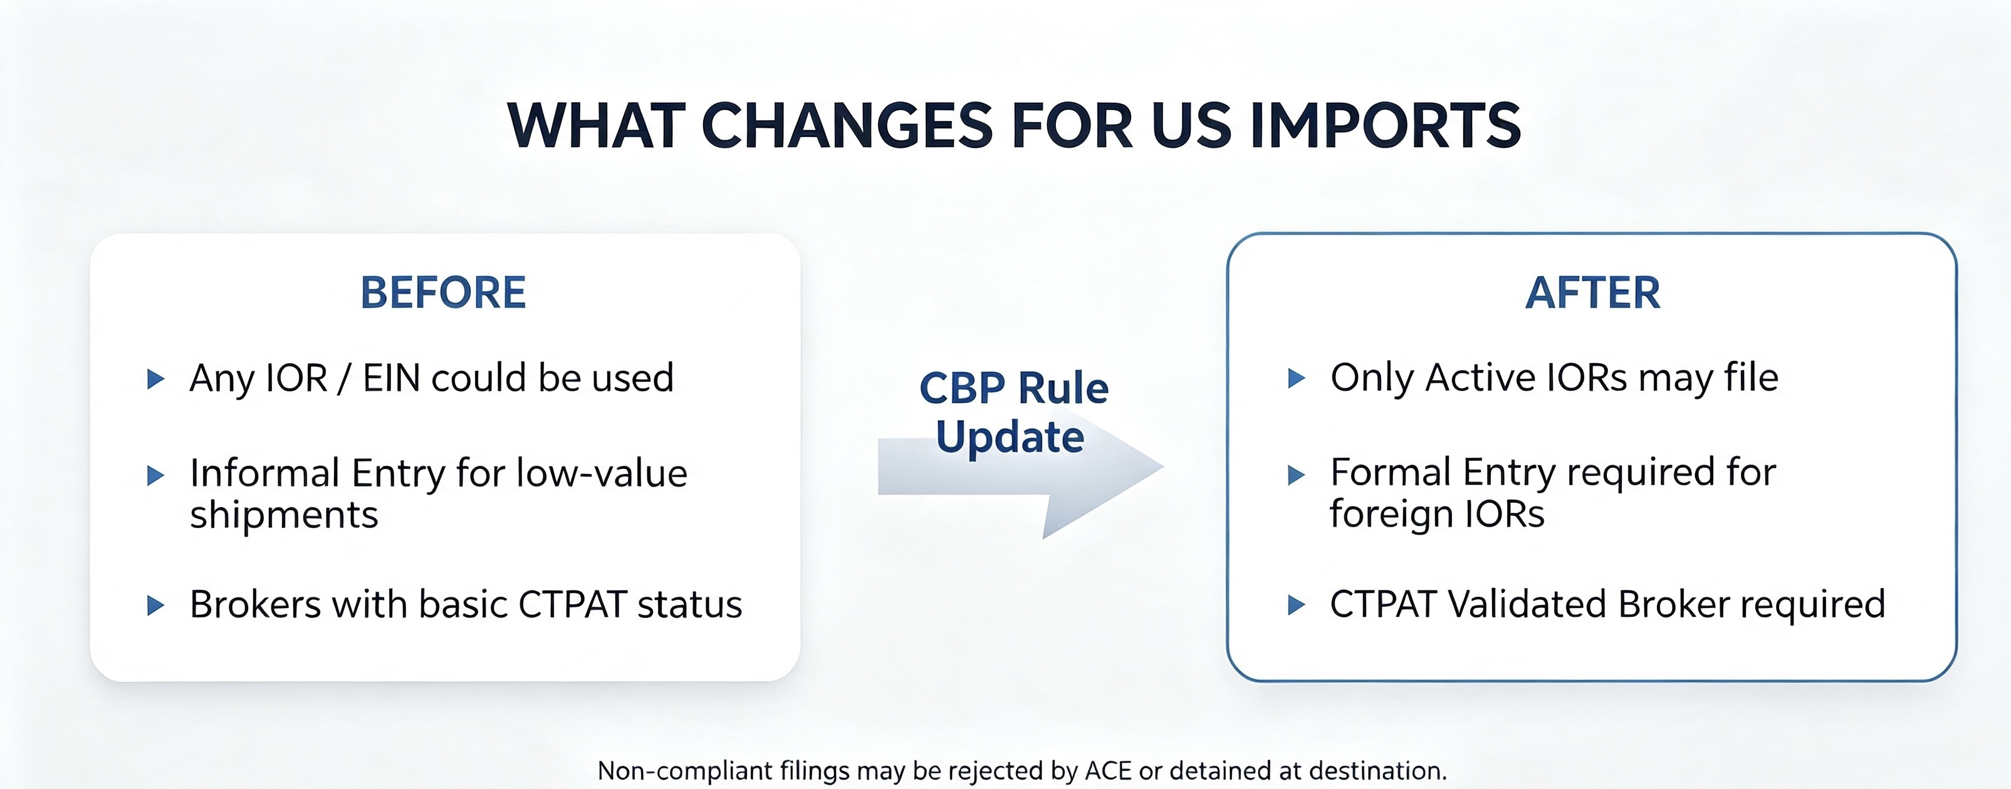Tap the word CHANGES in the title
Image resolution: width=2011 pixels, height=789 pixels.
pyautogui.click(x=847, y=126)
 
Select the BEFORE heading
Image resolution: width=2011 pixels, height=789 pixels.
pyautogui.click(x=444, y=292)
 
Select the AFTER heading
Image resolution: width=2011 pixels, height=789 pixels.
pyautogui.click(x=1592, y=292)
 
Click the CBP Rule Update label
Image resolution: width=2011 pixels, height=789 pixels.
pyautogui.click(x=1013, y=412)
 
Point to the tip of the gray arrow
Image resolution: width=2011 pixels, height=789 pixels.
pyautogui.click(x=1163, y=467)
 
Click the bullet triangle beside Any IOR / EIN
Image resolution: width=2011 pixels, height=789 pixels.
pyautogui.click(x=156, y=379)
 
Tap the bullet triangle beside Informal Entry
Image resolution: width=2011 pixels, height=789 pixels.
pyautogui.click(x=156, y=475)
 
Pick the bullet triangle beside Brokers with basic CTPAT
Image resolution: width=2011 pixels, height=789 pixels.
pyautogui.click(x=156, y=606)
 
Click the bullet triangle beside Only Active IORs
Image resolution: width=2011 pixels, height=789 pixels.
pyautogui.click(x=1296, y=378)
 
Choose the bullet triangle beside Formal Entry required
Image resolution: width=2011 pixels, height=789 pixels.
pyautogui.click(x=1296, y=475)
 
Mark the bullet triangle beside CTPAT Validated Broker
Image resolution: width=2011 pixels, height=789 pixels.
pyautogui.click(x=1296, y=605)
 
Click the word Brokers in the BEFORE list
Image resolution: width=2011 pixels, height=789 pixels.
pyautogui.click(x=255, y=605)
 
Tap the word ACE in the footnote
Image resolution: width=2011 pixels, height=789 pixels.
pyautogui.click(x=1108, y=771)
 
